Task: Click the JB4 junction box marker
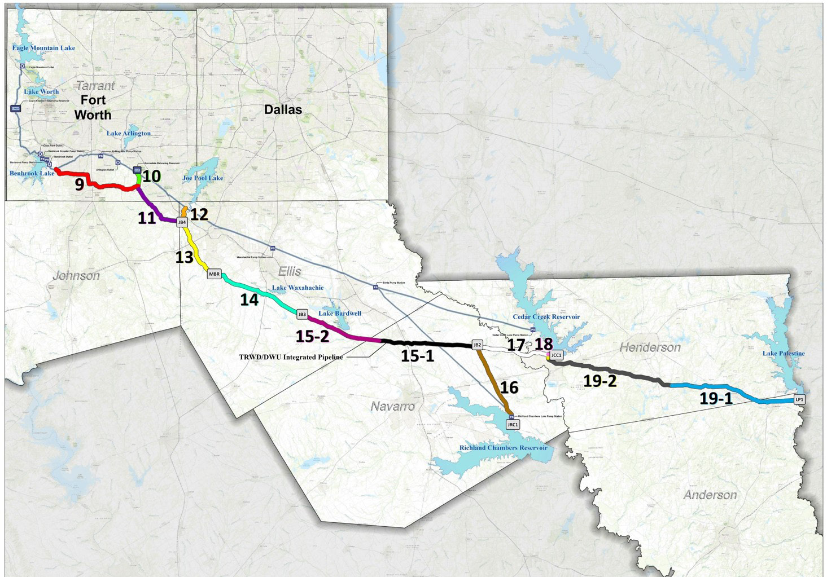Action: [x=182, y=222]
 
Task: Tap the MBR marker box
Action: [x=215, y=274]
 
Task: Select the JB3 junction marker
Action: [x=302, y=314]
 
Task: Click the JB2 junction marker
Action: [x=477, y=345]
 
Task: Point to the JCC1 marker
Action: [x=557, y=355]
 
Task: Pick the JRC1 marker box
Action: [x=513, y=424]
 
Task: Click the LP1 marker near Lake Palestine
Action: [x=799, y=399]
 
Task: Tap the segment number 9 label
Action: [x=80, y=184]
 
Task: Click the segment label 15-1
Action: [x=417, y=356]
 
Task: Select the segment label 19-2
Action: [x=600, y=381]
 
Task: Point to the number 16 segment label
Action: [x=509, y=387]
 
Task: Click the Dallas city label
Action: [x=283, y=109]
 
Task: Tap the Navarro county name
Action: [x=392, y=406]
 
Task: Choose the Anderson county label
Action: [x=710, y=495]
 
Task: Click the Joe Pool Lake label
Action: [x=202, y=178]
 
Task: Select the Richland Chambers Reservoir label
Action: [x=503, y=448]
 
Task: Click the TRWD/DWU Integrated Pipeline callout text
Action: [x=291, y=357]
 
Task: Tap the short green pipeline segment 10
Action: [x=138, y=178]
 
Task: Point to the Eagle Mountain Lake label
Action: [x=43, y=48]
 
